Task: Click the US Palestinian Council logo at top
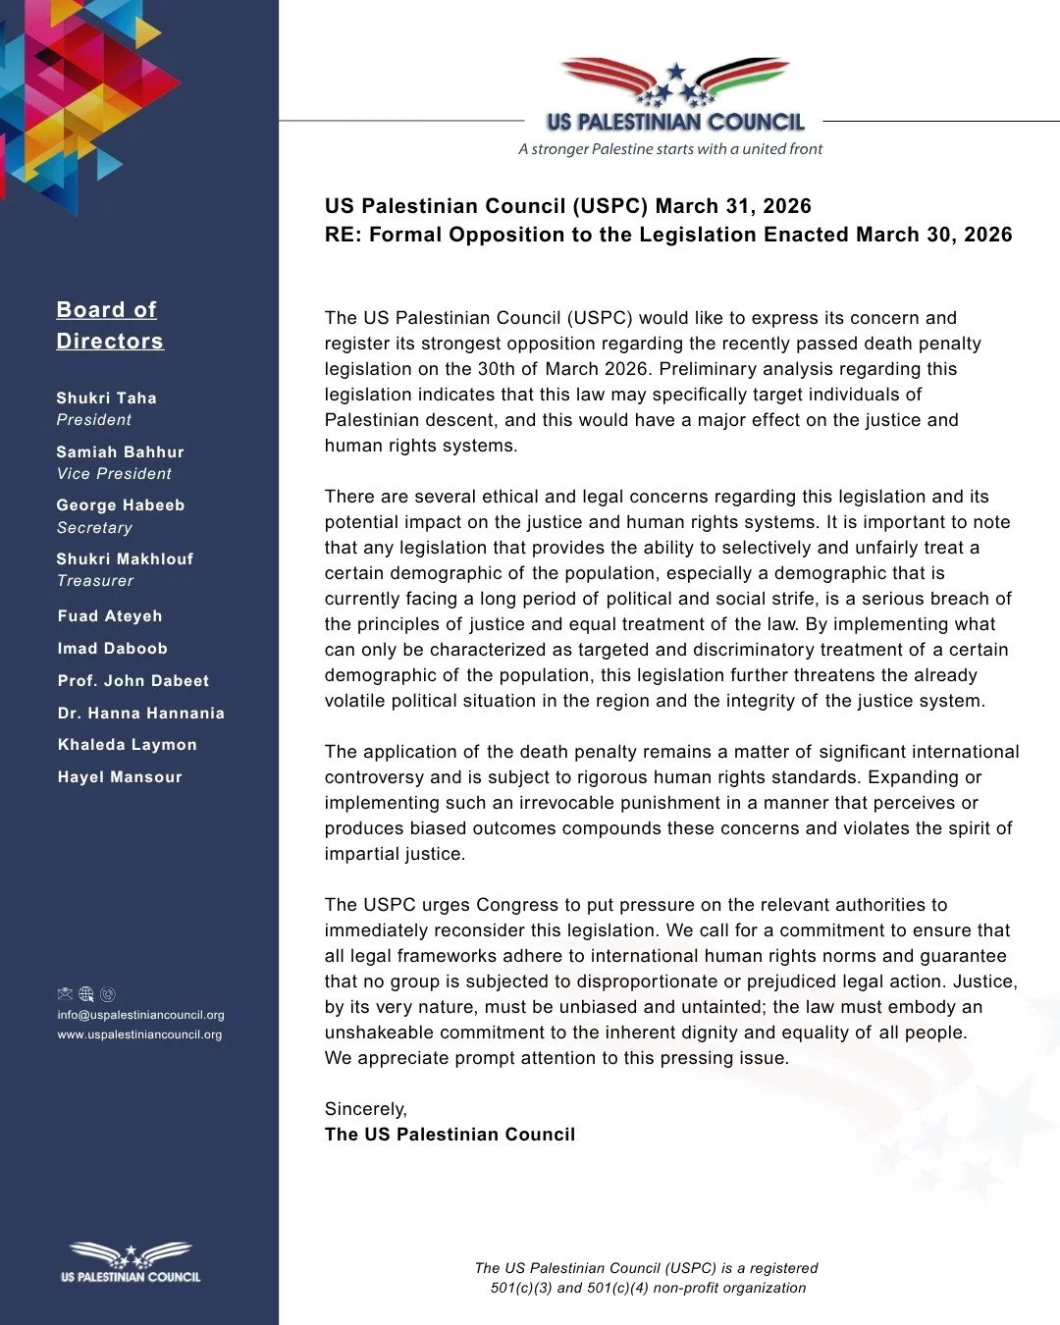674,96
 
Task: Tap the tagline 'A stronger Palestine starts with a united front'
670,149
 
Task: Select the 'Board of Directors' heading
109,325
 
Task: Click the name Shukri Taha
106,397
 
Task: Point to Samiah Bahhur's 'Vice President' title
114,473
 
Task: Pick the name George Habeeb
120,504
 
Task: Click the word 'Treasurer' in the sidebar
95,580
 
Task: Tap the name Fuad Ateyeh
110,615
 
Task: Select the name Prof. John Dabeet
133,680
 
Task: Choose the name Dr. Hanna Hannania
141,713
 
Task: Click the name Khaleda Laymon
128,744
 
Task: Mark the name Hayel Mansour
120,776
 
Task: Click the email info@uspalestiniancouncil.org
140,1015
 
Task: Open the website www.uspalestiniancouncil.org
139,1034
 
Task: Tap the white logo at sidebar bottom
131,1262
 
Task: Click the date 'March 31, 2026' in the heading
733,206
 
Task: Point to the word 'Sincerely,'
365,1109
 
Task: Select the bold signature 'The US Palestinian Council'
450,1135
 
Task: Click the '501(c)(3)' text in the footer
521,1288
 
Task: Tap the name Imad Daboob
112,648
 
